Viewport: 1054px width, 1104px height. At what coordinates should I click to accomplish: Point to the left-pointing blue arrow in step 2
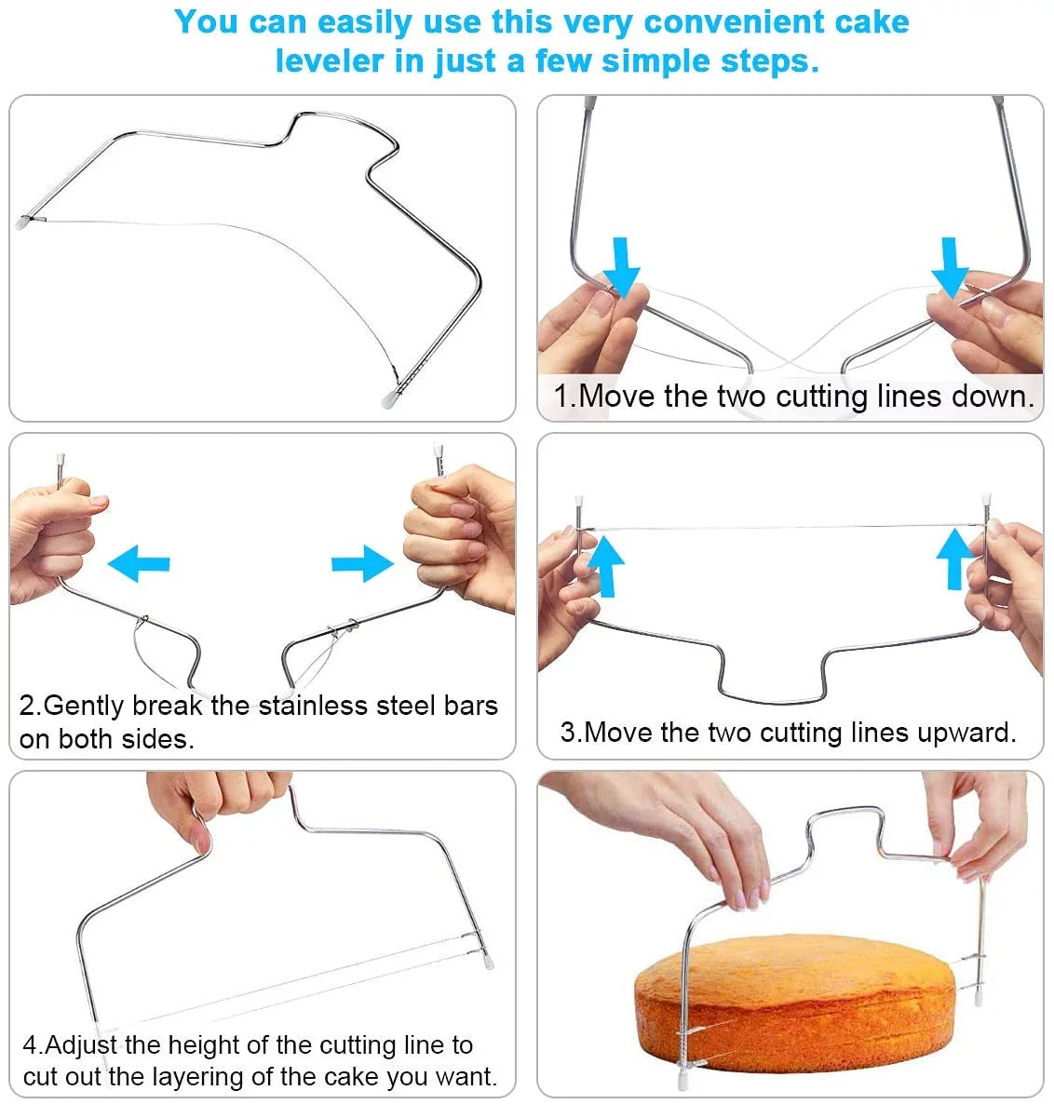tap(139, 563)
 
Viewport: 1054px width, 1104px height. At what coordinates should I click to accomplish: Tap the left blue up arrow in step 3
tap(605, 563)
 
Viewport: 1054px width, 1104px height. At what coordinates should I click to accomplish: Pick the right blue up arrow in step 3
tap(953, 559)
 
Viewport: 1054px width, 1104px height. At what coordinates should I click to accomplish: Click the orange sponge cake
tap(791, 1001)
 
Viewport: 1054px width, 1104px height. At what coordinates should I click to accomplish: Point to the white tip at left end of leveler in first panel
tap(23, 222)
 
